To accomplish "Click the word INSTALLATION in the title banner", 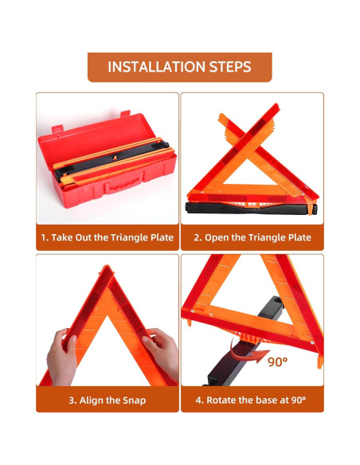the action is (x=156, y=67).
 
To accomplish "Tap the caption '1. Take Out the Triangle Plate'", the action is (x=107, y=237).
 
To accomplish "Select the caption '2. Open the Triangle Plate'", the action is (x=252, y=237).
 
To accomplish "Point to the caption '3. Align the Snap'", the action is (x=108, y=401).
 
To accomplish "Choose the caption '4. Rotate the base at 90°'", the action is (x=251, y=400).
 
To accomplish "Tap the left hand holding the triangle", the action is (x=63, y=356).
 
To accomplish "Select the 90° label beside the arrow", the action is (x=277, y=361).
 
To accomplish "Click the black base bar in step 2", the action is (x=251, y=208).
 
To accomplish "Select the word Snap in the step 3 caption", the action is (x=135, y=401).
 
